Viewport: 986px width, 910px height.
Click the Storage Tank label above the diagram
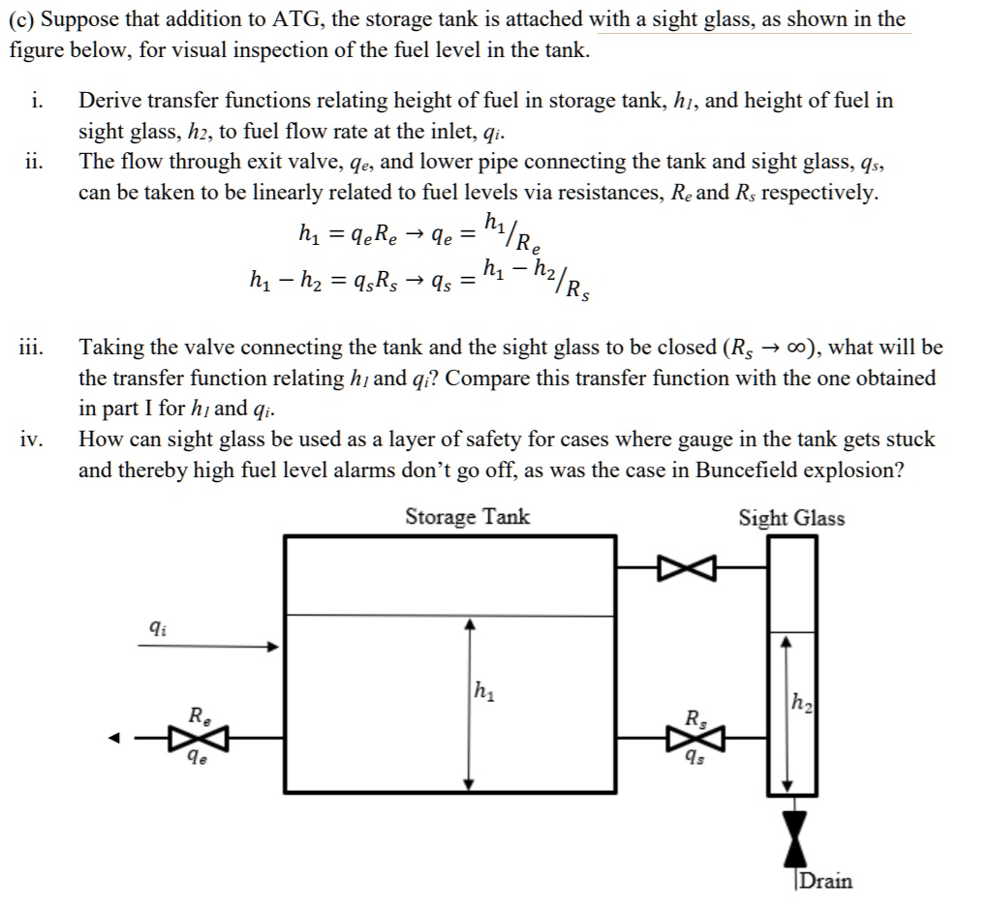click(467, 516)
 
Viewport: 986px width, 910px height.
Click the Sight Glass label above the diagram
click(791, 518)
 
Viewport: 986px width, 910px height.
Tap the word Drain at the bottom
click(824, 881)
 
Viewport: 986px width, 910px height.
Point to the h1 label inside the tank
click(484, 692)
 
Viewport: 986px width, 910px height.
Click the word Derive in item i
click(109, 100)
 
